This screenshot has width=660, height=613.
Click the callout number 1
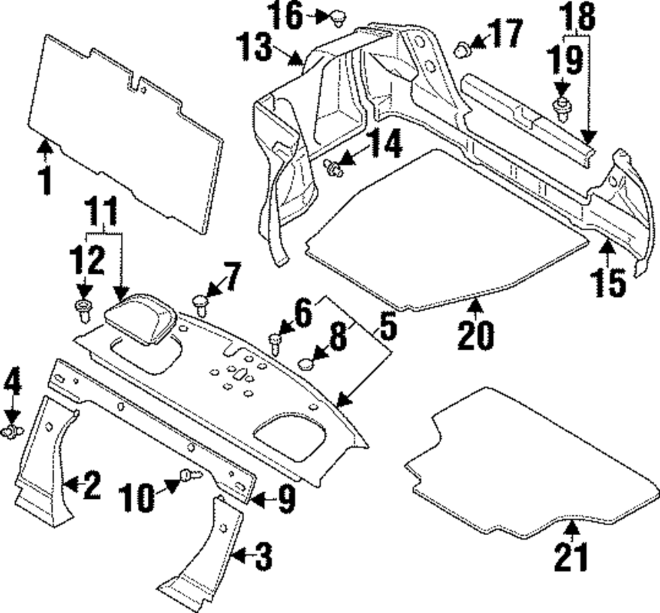[x=45, y=180]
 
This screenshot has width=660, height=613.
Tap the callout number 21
[x=570, y=557]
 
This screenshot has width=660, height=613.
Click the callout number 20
[x=475, y=335]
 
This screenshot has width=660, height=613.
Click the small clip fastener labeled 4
[x=13, y=432]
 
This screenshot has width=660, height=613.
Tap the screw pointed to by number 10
[x=191, y=476]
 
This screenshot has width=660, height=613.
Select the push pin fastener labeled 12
[x=83, y=311]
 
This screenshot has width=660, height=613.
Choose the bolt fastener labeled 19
[x=561, y=110]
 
